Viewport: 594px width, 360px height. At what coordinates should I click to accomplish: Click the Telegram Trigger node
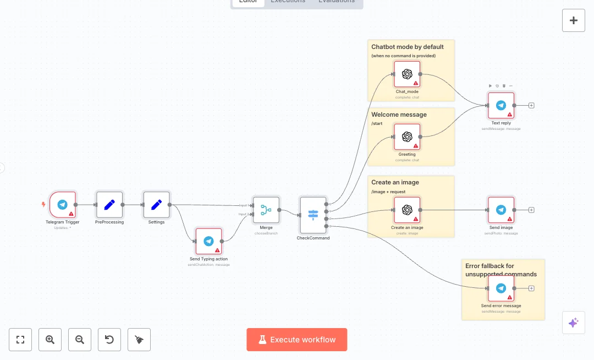[63, 205]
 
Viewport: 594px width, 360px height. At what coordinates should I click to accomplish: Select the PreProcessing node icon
[109, 205]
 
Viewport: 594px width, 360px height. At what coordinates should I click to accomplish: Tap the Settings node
[157, 205]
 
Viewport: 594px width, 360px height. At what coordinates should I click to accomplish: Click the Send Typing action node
[208, 242]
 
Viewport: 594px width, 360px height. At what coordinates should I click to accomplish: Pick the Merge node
[266, 210]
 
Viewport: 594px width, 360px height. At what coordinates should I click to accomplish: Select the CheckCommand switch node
[313, 215]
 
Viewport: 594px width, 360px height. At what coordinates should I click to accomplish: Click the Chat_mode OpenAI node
[407, 74]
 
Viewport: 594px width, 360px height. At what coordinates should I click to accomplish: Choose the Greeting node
[407, 137]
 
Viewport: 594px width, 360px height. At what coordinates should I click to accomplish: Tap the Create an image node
[407, 210]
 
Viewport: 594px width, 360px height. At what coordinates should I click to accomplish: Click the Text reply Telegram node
[501, 106]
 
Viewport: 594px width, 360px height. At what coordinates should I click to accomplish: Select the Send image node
[501, 210]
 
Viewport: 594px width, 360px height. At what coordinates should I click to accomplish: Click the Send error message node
[501, 288]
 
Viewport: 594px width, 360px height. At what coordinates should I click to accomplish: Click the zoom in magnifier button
[50, 340]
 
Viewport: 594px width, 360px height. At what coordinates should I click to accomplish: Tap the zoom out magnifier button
[80, 340]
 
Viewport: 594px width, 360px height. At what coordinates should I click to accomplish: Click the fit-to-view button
[20, 340]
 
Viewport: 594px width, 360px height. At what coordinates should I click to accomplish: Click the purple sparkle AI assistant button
[573, 323]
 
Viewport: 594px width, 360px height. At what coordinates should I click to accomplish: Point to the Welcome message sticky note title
[399, 114]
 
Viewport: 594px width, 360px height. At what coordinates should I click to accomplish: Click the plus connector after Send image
[531, 210]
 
